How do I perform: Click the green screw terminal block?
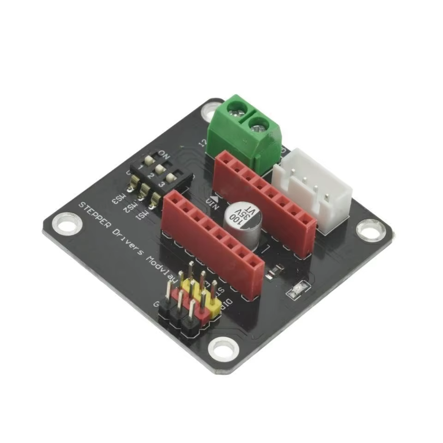click(x=245, y=133)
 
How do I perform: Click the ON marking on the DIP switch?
click(x=164, y=152)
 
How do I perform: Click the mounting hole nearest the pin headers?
click(x=223, y=348)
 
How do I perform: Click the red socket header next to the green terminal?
click(x=265, y=199)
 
